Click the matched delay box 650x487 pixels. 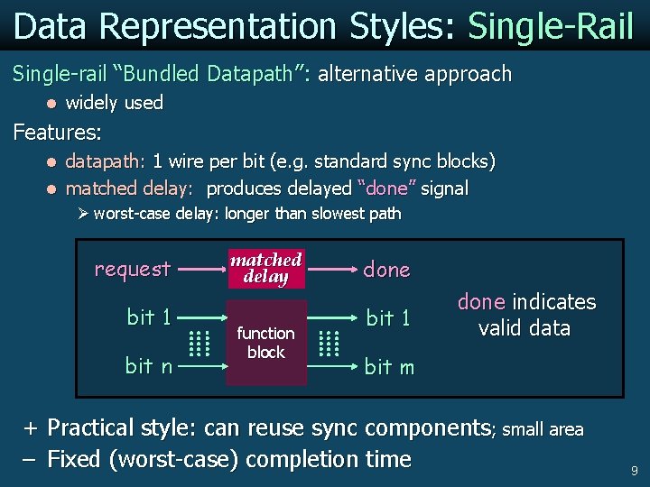265,268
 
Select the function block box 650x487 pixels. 265,343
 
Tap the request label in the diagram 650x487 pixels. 133,269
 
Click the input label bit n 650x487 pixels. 149,365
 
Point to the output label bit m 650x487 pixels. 389,366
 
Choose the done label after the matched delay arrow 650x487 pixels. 386,270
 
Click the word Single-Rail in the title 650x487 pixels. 551,27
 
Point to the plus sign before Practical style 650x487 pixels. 31,427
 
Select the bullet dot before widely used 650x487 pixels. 51,104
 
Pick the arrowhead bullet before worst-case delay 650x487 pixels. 82,214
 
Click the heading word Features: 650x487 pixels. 57,133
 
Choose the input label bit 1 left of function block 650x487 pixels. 149,317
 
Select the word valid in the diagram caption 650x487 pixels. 504,328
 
